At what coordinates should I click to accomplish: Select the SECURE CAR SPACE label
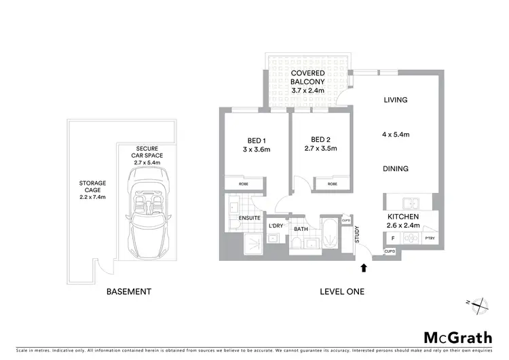click(x=147, y=156)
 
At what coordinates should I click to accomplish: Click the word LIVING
click(x=395, y=100)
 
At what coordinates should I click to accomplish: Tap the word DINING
click(x=395, y=169)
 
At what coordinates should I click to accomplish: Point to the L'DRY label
click(x=276, y=225)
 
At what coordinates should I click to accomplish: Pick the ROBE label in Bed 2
click(x=333, y=183)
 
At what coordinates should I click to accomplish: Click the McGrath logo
click(x=457, y=338)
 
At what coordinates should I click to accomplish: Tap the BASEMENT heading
click(x=128, y=291)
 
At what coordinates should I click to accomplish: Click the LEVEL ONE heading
click(x=342, y=291)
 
